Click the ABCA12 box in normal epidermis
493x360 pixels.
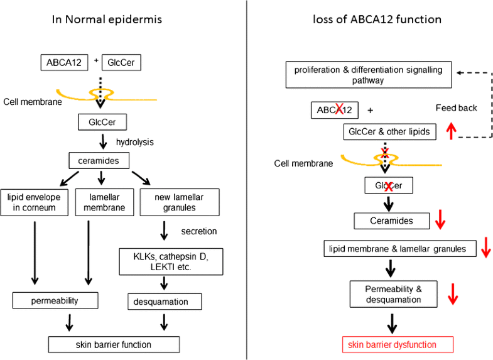(62, 62)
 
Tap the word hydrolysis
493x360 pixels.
(135, 142)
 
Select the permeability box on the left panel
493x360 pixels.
(55, 300)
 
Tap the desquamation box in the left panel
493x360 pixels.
(165, 302)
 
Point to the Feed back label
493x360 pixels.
(456, 108)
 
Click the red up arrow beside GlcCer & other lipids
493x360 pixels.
(450, 130)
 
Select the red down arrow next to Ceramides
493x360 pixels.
(441, 220)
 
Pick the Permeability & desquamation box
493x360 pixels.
(393, 294)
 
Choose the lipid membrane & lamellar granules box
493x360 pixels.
(398, 249)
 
